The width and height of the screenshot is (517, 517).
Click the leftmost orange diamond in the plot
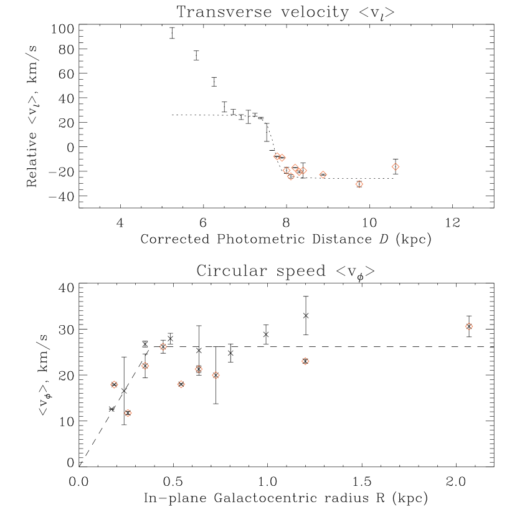click(x=114, y=384)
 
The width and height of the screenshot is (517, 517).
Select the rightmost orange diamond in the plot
click(x=469, y=326)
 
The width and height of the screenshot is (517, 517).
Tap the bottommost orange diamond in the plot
click(x=128, y=413)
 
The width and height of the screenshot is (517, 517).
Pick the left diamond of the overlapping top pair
click(x=277, y=156)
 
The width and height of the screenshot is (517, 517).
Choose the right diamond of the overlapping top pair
click(x=282, y=158)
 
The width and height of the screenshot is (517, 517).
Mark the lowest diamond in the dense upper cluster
click(x=291, y=176)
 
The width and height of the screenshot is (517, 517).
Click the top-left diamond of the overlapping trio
click(x=295, y=168)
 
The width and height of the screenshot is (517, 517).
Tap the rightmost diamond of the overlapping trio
click(x=303, y=171)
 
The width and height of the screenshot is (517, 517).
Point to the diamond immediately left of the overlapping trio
click(x=287, y=170)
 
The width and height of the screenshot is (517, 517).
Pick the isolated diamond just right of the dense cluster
click(x=323, y=174)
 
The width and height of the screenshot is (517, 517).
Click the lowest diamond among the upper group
click(x=359, y=184)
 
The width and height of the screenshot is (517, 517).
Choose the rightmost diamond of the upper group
click(x=396, y=166)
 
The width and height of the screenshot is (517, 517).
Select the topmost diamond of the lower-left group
click(x=163, y=346)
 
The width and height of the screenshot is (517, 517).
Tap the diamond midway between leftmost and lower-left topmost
click(x=145, y=366)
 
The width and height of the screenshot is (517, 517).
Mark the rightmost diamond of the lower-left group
click(x=216, y=375)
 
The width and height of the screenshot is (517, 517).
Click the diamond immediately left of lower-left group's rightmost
click(x=199, y=369)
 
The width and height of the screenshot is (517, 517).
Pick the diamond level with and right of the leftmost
click(x=181, y=384)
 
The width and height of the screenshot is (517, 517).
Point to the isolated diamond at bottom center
click(x=305, y=361)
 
